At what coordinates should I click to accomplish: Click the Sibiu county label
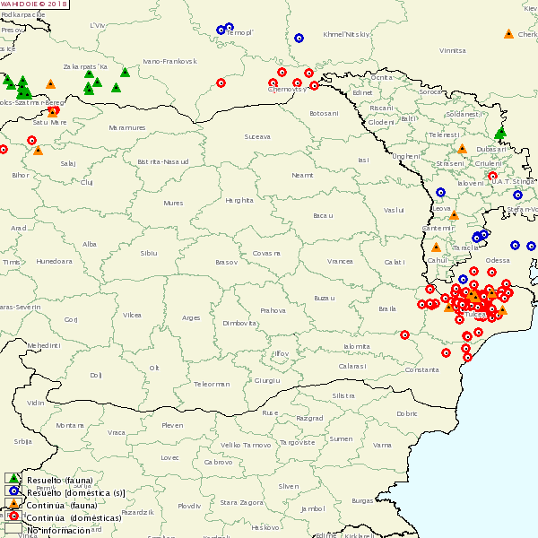tap(148, 254)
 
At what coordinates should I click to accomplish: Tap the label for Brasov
tap(226, 262)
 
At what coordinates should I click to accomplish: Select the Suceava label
tap(256, 137)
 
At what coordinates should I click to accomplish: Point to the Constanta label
tap(422, 369)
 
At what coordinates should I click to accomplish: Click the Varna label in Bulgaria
tap(383, 445)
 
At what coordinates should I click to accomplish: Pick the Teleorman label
tap(212, 384)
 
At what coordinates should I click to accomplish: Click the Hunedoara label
tap(54, 261)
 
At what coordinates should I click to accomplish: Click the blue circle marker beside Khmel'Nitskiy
tap(299, 39)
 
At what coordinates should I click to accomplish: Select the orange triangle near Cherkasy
tap(508, 34)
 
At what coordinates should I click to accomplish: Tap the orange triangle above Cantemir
tap(454, 215)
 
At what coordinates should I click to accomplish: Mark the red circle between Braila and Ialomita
tap(404, 334)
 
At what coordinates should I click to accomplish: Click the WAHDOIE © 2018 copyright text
tap(34, 4)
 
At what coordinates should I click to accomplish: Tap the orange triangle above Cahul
tap(436, 247)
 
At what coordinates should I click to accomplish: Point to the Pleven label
tap(171, 425)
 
